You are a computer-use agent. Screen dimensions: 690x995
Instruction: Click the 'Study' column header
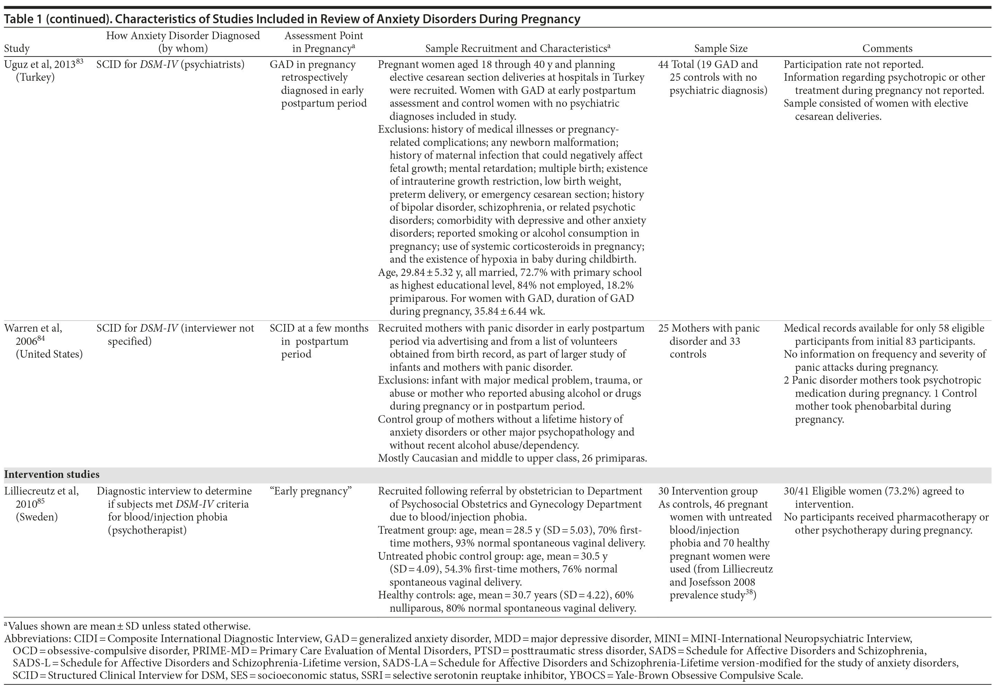click(17, 49)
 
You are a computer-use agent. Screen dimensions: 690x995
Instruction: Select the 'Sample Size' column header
click(721, 49)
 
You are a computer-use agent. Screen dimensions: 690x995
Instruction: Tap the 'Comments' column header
click(887, 49)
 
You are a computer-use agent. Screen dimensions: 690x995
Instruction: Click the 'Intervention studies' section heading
click(52, 474)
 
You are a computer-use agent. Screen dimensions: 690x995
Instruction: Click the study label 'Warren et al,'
click(33, 329)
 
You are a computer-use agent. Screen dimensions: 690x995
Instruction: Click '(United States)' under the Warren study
click(49, 354)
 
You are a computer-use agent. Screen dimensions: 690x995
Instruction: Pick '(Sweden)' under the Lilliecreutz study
click(37, 517)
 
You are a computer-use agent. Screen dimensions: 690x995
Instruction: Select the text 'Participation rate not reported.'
click(853, 65)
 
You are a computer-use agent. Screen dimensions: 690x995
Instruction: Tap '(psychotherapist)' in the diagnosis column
click(147, 530)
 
